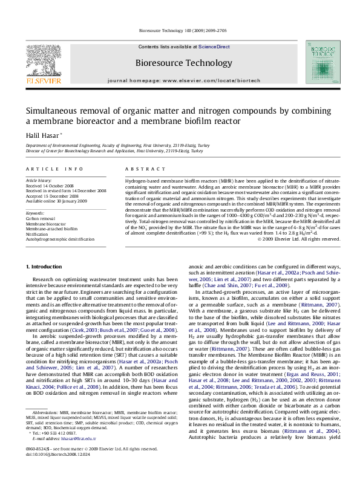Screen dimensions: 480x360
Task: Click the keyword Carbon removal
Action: coord(40,218)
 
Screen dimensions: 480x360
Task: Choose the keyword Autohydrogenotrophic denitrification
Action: coord(61,239)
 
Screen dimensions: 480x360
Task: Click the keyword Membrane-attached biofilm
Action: coord(51,229)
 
